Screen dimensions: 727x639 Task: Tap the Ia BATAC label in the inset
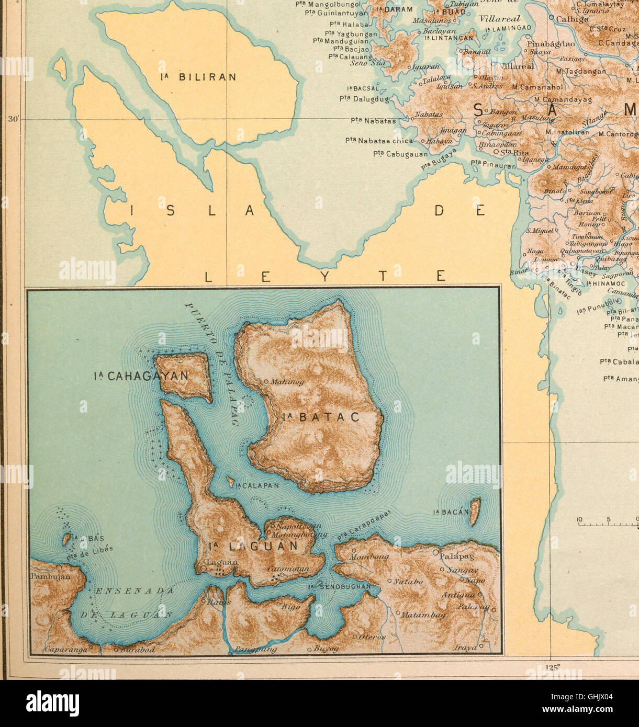tap(321, 417)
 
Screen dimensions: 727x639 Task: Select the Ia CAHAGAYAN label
tap(141, 376)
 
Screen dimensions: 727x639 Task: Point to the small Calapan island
tap(230, 482)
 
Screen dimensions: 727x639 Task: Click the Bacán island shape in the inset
tap(475, 512)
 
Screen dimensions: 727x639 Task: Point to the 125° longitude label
tap(552, 667)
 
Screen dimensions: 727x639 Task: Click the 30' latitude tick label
tap(13, 119)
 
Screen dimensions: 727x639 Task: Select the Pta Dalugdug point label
tap(364, 98)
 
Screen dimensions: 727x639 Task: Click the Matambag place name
tap(423, 615)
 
